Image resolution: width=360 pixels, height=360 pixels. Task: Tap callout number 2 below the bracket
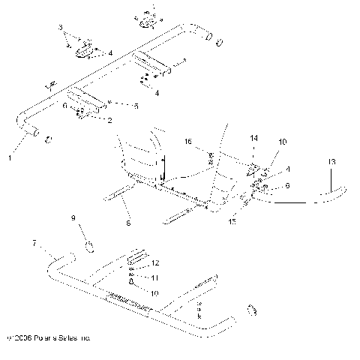click(x=110, y=120)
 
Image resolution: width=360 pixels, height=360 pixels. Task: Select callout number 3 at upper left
click(x=61, y=27)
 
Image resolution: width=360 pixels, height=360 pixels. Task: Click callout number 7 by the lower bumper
click(x=34, y=244)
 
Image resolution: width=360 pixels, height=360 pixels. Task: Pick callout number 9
click(x=73, y=218)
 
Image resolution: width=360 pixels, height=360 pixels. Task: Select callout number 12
click(x=156, y=263)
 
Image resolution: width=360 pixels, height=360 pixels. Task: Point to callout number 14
click(x=253, y=139)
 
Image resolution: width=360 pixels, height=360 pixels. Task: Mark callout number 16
click(x=188, y=140)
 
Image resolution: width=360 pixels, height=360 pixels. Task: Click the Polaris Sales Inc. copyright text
click(x=48, y=339)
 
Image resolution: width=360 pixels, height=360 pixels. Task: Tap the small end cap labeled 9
click(x=88, y=247)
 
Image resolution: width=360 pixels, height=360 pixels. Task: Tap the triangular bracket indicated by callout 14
click(x=254, y=169)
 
